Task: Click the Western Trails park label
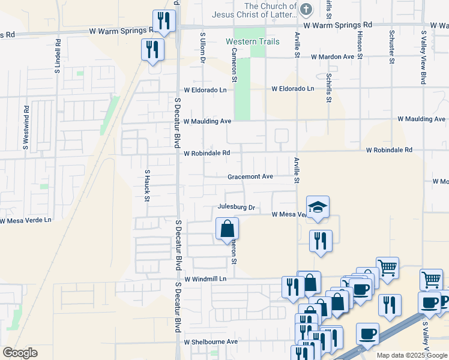pos(253,41)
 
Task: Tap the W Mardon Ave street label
pos(333,56)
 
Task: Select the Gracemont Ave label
pos(250,176)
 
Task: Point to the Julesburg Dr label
pos(237,208)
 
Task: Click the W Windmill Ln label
pos(205,279)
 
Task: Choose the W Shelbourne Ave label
pos(211,341)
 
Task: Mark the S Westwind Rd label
pos(26,127)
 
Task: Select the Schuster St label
pos(391,47)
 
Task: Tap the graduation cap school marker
pos(318,206)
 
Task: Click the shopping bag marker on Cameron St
pos(228,228)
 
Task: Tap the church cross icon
pos(306,9)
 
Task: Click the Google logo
pos(20,353)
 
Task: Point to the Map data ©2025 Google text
pos(411,355)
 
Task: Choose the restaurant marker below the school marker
pos(320,241)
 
